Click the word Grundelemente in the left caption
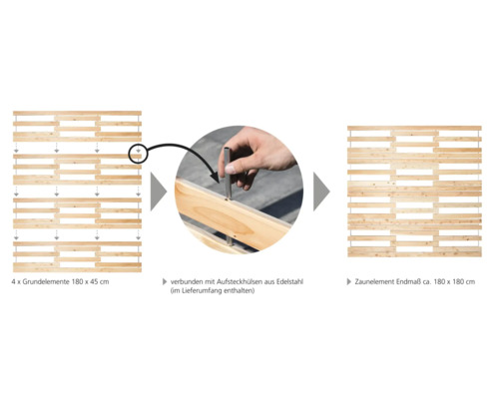46,282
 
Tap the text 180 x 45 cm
90,282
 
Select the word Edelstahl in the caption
289,282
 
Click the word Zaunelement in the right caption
374,282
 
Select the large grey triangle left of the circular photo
158,192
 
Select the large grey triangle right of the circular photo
321,192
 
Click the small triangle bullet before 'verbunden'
165,282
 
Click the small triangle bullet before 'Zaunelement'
349,282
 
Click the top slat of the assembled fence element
414,128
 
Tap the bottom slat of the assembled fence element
414,254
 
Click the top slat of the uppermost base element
77,113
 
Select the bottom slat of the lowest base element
77,269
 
